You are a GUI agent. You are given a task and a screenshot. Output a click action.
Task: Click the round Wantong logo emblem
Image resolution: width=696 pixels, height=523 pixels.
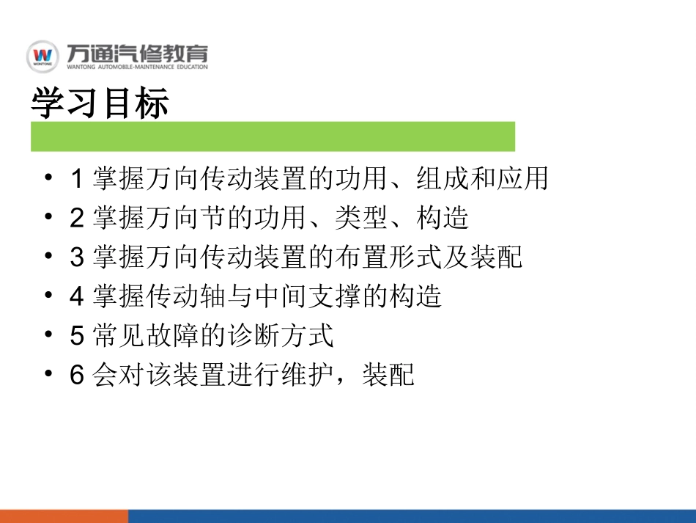pos(44,56)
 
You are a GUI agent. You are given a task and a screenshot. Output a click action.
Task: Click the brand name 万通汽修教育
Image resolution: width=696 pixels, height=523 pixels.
pos(136,53)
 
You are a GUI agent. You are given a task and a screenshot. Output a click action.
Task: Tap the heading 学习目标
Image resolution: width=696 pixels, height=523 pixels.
pos(100,104)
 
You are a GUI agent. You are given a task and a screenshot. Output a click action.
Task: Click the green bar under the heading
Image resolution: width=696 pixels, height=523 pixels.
pos(273,136)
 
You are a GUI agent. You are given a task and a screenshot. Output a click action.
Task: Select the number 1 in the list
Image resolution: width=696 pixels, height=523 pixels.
pos(78,179)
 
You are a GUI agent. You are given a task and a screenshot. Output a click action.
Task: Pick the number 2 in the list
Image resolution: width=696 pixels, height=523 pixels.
pos(78,219)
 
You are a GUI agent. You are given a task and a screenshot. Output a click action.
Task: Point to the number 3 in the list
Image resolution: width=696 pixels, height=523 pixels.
pos(78,258)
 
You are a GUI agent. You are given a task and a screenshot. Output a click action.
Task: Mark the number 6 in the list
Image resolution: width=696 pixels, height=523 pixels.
pos(78,376)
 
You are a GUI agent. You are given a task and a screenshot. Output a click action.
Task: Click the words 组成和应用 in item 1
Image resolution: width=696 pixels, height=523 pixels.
pos(482,179)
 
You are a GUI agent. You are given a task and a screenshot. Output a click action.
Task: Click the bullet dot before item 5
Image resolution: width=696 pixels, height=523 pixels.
pos(48,335)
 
